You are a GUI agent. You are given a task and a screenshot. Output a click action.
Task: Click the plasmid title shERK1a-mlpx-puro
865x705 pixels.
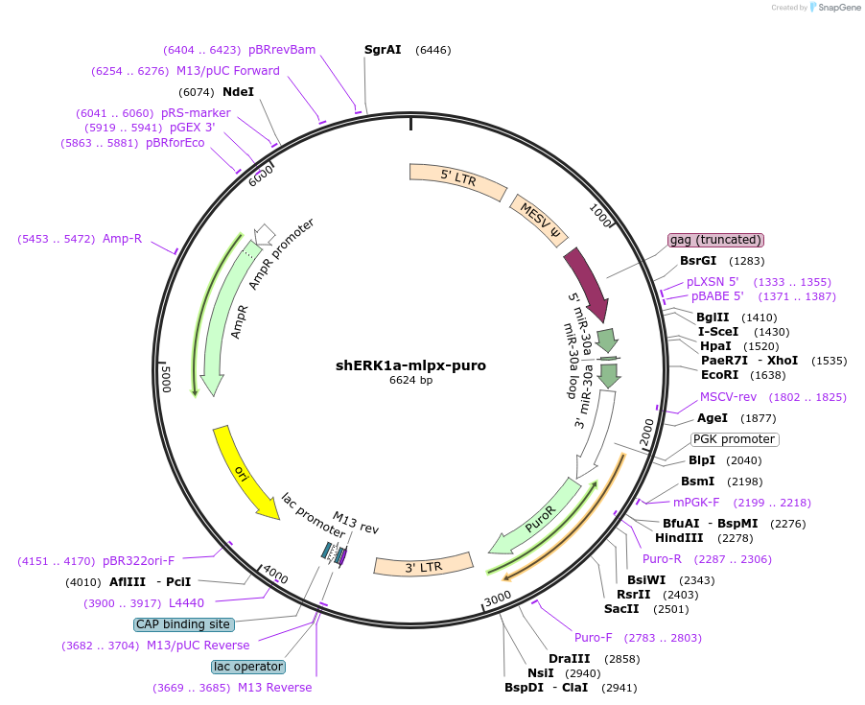(x=410, y=365)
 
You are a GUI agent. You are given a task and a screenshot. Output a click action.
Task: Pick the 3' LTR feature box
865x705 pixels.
(x=423, y=565)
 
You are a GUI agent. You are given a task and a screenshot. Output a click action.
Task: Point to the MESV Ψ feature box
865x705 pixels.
(x=540, y=221)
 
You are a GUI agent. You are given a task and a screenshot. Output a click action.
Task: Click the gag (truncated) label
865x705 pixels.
(x=715, y=240)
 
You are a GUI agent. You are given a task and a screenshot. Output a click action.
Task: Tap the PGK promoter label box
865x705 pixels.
(x=734, y=439)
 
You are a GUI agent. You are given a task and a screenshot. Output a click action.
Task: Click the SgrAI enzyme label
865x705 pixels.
(x=383, y=50)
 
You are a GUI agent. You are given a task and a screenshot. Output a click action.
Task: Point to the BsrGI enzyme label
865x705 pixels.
(x=698, y=261)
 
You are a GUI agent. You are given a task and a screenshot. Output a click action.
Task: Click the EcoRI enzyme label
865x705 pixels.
(x=719, y=375)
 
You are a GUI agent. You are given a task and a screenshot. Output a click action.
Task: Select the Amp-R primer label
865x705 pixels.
(x=122, y=238)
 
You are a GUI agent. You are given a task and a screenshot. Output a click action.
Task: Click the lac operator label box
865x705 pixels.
(x=248, y=667)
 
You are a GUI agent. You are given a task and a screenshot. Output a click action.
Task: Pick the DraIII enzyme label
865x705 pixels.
(x=568, y=659)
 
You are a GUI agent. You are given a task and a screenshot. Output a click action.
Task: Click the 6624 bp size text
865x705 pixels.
(x=410, y=381)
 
